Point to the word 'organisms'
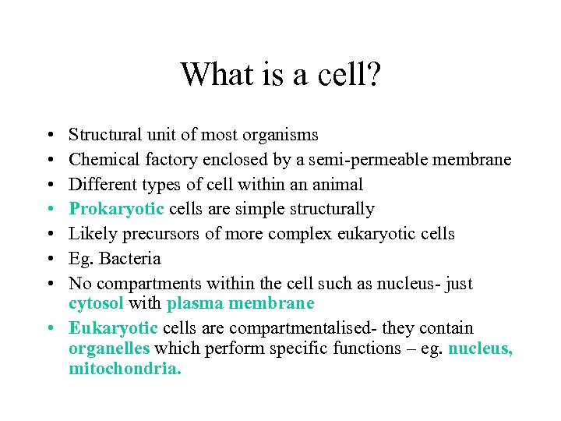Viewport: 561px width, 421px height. click(282, 135)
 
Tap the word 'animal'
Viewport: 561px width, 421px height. click(338, 184)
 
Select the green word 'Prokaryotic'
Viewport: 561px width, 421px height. click(117, 209)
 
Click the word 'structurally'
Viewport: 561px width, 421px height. click(333, 209)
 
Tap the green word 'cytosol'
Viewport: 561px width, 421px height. click(96, 303)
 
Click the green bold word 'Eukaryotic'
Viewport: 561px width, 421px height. click(114, 328)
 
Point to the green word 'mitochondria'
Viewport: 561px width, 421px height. click(124, 368)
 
